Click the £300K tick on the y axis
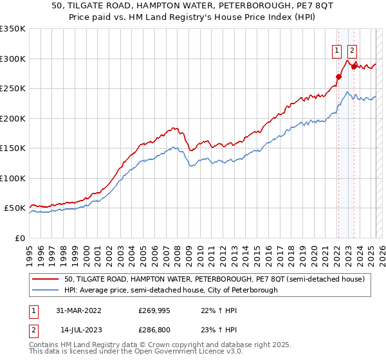[x=13, y=59]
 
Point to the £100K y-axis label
[x=13, y=178]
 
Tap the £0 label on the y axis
[x=20, y=238]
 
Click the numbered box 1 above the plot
[x=336, y=51]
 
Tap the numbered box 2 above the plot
[x=353, y=51]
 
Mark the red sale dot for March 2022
[x=338, y=77]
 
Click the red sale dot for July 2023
[x=353, y=67]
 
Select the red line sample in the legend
[x=46, y=279]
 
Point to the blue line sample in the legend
[x=46, y=290]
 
